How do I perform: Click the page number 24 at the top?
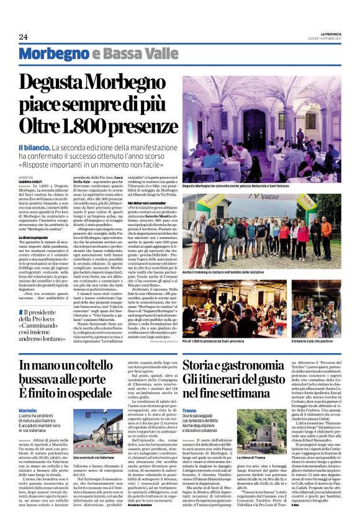click(x=24, y=37)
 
